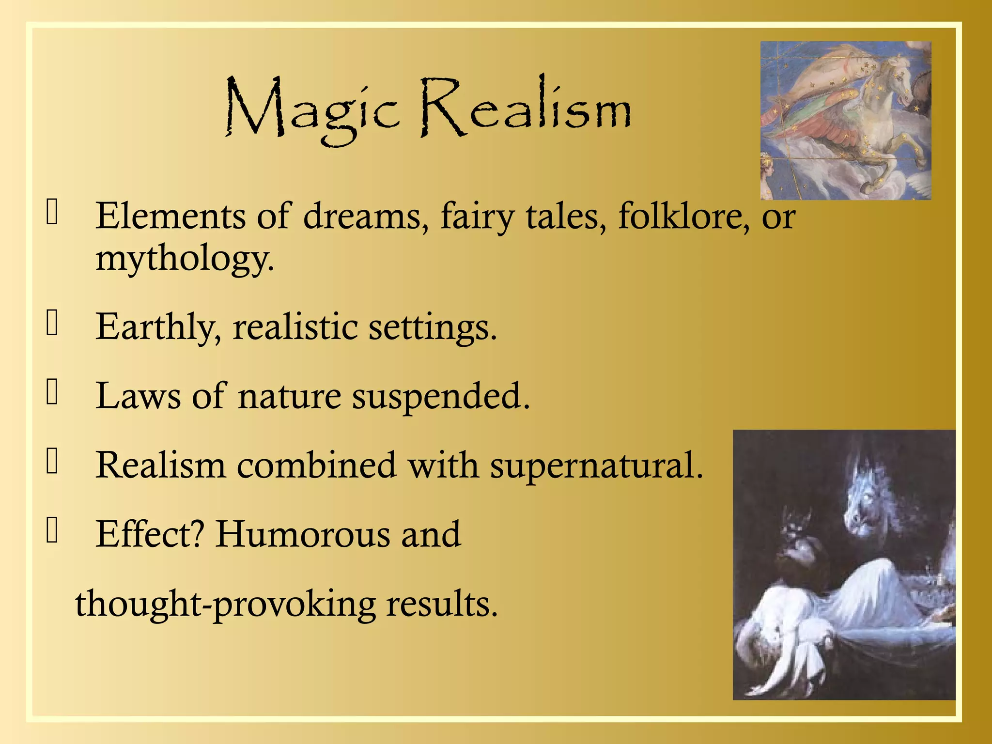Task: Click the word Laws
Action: [x=138, y=396]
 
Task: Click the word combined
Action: [x=316, y=465]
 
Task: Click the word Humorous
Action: [x=303, y=534]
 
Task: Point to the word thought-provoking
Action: [x=225, y=604]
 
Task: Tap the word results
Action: [x=442, y=604]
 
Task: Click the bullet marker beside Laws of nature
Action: [x=52, y=392]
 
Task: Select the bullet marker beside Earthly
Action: [x=52, y=323]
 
